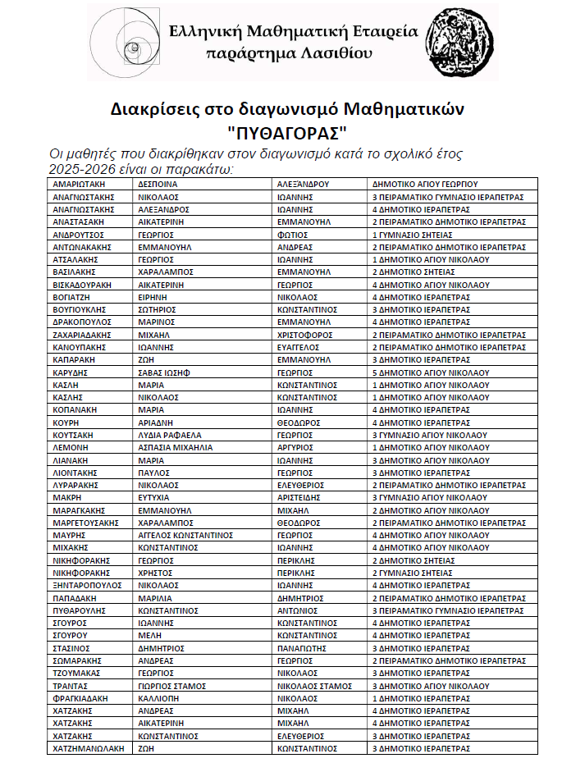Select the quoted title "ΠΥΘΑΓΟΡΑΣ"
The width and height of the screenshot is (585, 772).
[x=288, y=131]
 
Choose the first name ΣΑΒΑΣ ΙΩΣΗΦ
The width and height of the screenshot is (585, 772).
[x=164, y=372]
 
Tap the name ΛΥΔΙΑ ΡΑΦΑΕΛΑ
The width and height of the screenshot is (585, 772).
[x=169, y=435]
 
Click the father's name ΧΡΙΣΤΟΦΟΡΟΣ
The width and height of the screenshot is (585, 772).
[x=308, y=335]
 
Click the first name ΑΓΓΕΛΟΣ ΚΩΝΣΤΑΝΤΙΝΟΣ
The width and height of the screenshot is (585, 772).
[x=185, y=535]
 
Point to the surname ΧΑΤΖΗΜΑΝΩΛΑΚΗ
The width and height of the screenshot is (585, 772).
[x=88, y=748]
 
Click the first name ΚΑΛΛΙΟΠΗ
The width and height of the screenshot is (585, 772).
[x=159, y=698]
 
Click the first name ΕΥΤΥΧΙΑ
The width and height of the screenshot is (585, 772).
[x=153, y=497]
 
